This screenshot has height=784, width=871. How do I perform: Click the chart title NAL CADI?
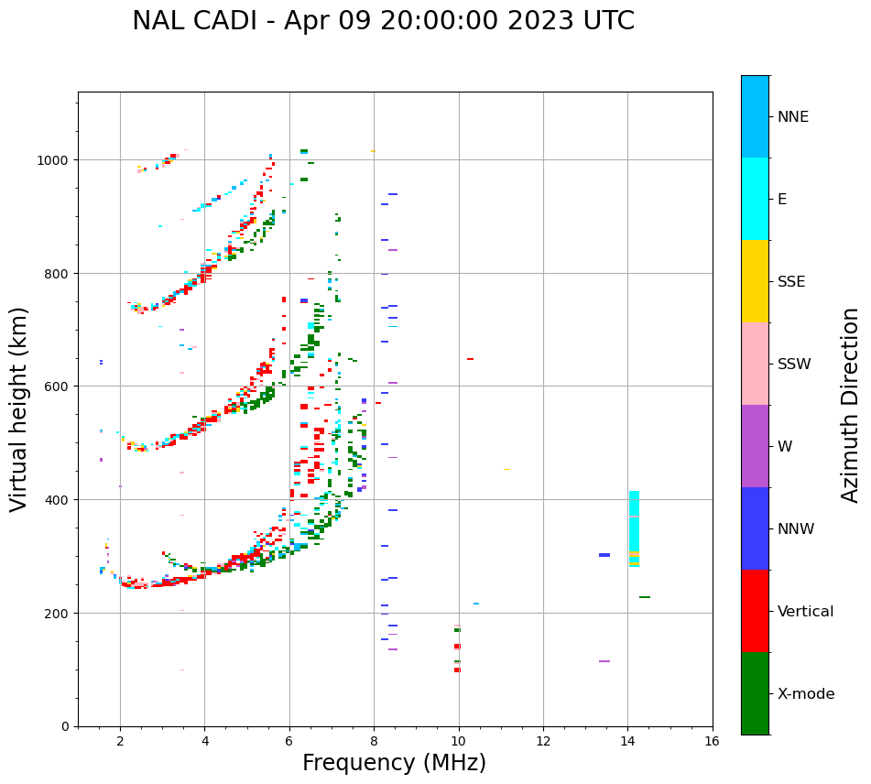383,21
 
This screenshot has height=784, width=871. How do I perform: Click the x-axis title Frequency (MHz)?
394,763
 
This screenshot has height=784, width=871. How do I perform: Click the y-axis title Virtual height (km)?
19,408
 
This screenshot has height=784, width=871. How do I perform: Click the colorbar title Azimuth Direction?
851,405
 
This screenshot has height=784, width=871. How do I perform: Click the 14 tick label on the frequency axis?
627,741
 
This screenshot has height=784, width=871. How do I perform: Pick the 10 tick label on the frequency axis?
458,741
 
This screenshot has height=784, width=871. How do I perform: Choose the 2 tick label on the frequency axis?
120,741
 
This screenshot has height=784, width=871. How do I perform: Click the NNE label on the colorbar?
793,117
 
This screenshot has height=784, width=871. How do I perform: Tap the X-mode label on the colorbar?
806,694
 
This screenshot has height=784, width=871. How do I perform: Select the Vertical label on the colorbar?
806,612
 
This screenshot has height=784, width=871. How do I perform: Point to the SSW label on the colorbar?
794,365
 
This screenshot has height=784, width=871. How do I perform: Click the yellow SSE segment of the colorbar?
755,281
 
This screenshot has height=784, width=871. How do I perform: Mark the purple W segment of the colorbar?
755,446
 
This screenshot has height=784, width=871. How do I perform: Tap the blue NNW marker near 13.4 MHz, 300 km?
604,555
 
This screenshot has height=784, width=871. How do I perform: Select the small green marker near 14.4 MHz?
645,597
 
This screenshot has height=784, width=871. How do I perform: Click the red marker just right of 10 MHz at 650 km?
470,359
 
